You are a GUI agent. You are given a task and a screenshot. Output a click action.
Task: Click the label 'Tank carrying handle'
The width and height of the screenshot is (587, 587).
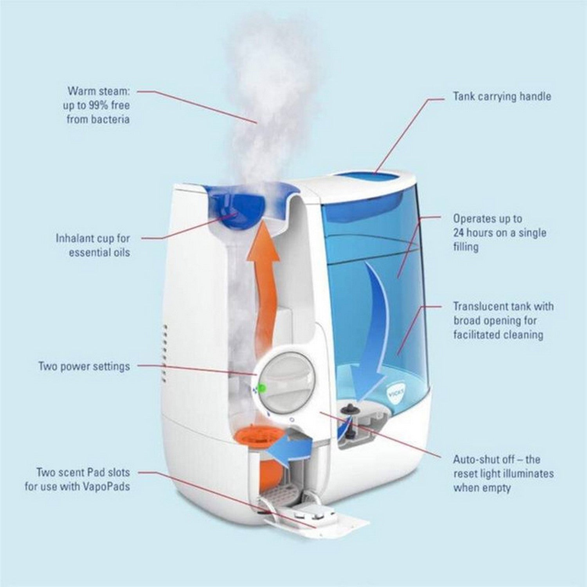502,96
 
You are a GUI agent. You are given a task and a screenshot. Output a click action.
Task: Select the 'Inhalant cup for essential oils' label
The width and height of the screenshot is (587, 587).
93,245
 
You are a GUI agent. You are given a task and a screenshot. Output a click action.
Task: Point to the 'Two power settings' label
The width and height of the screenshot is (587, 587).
84,367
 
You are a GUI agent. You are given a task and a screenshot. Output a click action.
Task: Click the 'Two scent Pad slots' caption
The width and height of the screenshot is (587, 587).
83,479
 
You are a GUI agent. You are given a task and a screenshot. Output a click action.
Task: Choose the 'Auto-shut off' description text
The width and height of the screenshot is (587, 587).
503,474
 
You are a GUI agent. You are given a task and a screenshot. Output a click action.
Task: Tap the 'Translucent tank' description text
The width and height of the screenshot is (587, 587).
503,320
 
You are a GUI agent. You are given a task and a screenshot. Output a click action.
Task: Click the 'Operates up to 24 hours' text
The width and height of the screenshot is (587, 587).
499,232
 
